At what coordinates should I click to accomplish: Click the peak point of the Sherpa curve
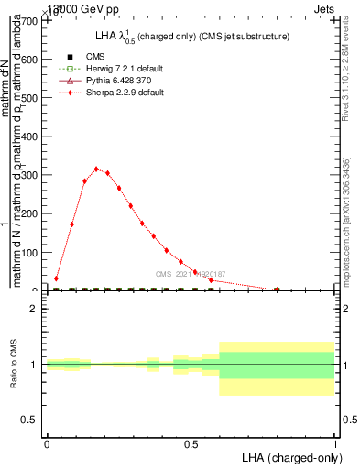point(96,169)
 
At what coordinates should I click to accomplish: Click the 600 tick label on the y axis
point(30,59)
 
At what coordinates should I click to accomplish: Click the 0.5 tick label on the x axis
point(191,444)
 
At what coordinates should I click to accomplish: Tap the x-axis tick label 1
point(335,444)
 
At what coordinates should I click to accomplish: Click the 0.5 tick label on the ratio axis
point(30,420)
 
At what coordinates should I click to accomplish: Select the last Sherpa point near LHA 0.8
point(277,289)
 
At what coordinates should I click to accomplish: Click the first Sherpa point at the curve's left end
point(56,278)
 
